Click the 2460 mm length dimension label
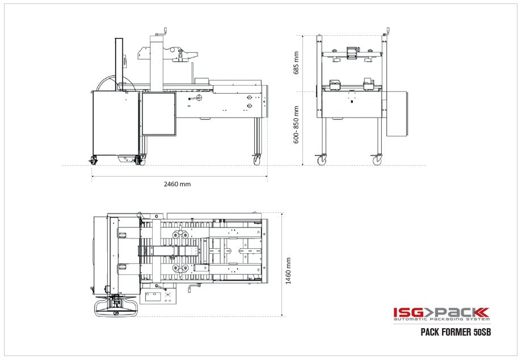pyautogui.click(x=177, y=185)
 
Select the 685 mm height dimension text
pyautogui.click(x=296, y=62)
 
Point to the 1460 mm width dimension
pyautogui.click(x=289, y=270)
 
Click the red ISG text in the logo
pyautogui.click(x=407, y=312)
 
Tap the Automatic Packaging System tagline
pyautogui.click(x=441, y=320)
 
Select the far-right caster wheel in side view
pyautogui.click(x=257, y=160)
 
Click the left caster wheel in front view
pyautogui.click(x=322, y=161)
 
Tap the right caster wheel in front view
pyautogui.click(x=377, y=161)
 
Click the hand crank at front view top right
pyautogui.click(x=388, y=31)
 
